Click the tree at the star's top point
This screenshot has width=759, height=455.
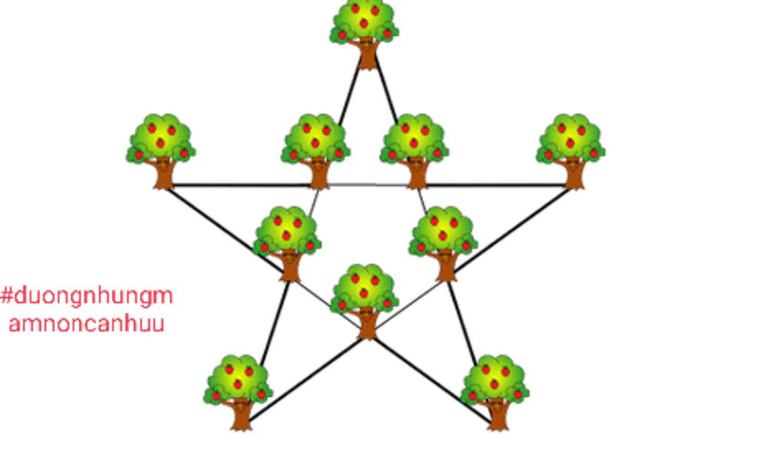point(365,35)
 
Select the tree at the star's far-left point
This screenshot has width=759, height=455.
point(161,151)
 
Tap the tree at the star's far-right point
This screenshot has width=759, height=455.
point(571,151)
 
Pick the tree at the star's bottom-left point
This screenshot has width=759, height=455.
point(238,393)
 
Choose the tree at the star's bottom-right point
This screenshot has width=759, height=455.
point(494,393)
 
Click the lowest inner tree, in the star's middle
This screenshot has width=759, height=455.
point(365,302)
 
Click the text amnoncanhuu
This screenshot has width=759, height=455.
point(87,324)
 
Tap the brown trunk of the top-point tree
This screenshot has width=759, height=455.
point(368,55)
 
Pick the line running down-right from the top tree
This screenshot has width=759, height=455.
point(386,90)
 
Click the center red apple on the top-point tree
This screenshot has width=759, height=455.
point(364,23)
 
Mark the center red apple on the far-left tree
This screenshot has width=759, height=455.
point(160,143)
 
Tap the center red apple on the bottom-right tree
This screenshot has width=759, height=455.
point(494,385)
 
